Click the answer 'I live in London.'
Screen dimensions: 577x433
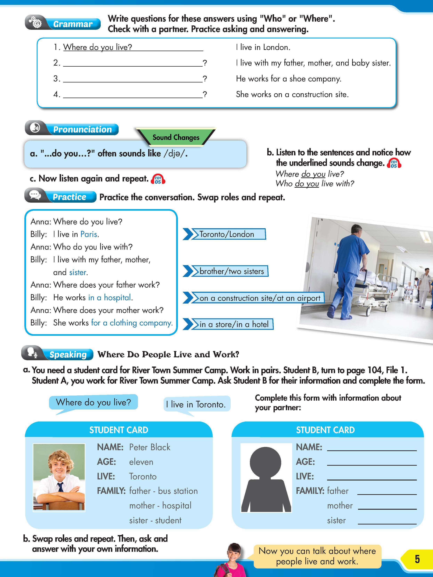263,47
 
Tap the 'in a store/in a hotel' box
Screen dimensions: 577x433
234,324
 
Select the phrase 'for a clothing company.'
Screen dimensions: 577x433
132,323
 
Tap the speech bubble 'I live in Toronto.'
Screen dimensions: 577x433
197,404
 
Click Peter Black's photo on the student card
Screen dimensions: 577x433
59,477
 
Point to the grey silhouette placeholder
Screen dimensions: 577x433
266,477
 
